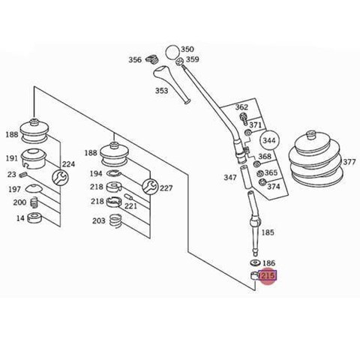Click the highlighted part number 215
268,276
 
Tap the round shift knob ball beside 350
172,52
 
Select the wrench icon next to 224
60,177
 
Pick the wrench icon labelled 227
150,187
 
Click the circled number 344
268,140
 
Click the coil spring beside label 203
115,221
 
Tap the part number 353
162,91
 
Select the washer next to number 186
255,262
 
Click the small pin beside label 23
22,175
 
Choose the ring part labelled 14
34,217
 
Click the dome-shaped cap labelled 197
33,188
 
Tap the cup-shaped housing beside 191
34,158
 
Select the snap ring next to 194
114,172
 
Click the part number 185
268,232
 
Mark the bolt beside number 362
243,119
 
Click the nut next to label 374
262,182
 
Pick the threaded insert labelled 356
151,59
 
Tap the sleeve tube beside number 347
245,177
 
